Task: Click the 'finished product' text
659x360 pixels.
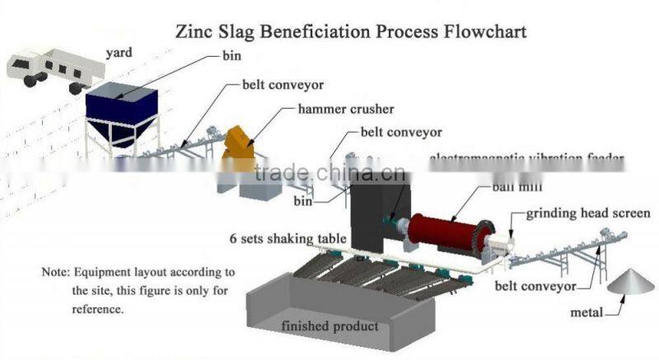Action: click(329, 326)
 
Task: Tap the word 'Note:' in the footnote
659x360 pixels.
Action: click(56, 272)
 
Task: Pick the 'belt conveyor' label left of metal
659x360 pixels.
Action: click(535, 287)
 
